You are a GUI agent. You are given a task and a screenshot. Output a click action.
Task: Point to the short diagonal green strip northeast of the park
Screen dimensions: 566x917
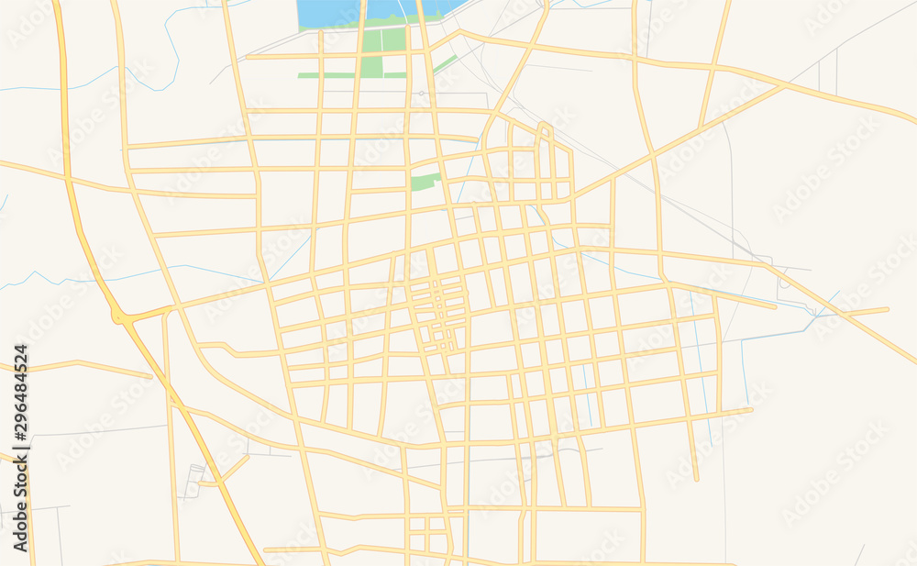[x=446, y=63]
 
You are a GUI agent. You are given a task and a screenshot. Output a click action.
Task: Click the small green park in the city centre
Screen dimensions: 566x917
[x=425, y=182]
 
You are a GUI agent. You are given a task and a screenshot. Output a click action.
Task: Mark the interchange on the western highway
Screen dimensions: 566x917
[x=121, y=317]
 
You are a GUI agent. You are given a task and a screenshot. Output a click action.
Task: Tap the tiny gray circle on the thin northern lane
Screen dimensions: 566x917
[x=421, y=94]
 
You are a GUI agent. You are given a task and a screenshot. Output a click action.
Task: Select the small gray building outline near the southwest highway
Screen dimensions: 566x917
[x=193, y=481]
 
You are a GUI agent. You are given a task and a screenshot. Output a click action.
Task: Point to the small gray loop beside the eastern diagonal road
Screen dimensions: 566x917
[x=781, y=283]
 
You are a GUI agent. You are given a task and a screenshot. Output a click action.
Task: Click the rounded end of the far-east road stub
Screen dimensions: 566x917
[x=887, y=310]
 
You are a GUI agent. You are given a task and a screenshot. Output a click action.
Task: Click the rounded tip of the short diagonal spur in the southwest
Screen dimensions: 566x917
[x=246, y=458]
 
